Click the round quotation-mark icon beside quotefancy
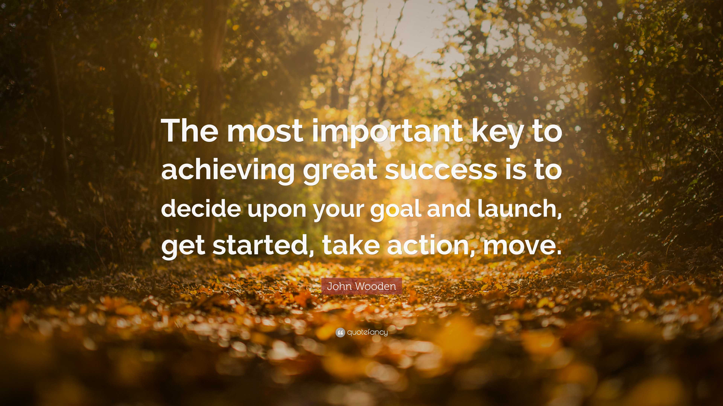[340, 333]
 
